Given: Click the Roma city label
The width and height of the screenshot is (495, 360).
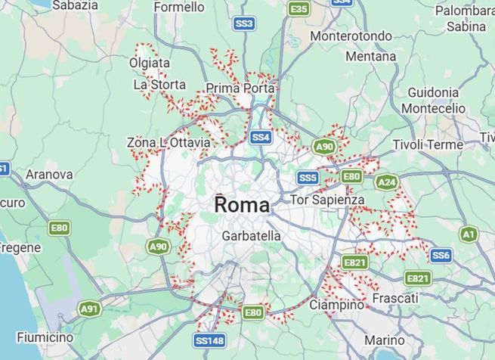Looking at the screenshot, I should pos(241,205).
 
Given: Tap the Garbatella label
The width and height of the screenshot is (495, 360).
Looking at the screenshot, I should pos(251,236).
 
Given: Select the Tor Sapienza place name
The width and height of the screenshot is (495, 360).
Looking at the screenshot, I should pos(328,200).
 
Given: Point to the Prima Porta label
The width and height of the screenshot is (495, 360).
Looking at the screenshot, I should pos(240,88).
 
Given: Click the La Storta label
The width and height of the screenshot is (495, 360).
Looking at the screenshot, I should pos(159,85).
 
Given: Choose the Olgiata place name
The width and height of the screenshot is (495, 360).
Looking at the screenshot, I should pos(150,63).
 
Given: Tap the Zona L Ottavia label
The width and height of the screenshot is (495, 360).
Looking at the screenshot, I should pos(169,142).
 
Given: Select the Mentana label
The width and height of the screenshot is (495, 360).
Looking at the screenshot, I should pos(370,57).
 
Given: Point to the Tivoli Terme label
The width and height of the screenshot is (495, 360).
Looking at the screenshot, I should pos(428,144).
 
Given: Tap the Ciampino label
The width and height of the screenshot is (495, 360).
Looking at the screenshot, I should pos(336,305).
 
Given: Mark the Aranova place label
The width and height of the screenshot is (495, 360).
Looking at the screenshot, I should pos(49,175).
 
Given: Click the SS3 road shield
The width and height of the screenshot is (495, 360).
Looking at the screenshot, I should pos(244,23).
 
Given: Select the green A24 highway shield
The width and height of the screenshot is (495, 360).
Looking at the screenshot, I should pos(386,182).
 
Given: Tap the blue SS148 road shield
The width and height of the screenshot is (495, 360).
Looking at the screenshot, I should pos(209,340).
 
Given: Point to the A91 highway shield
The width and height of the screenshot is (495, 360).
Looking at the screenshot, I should pos(89,309).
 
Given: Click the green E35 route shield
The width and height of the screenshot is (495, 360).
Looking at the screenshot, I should pos(299,8).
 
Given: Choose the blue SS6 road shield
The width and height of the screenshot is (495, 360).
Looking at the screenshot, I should pos(441,256).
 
